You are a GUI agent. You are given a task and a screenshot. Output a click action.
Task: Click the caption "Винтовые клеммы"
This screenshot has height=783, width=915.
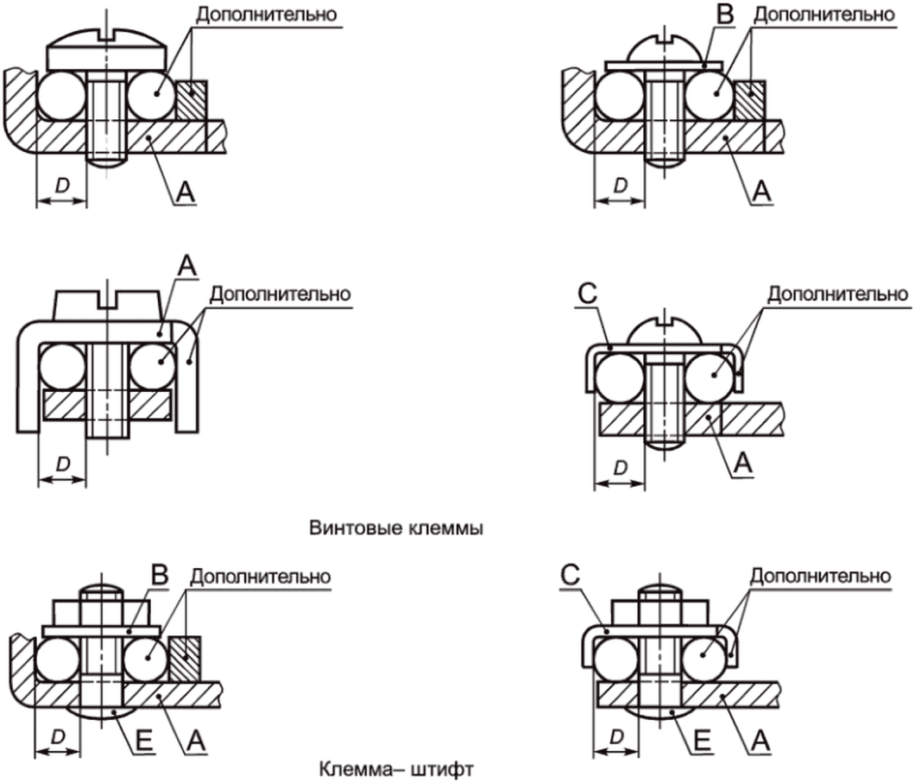[395, 528]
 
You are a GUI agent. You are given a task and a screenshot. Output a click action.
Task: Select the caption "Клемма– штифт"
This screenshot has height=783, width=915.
[396, 769]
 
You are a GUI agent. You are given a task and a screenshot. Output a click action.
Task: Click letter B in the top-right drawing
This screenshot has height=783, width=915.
[725, 14]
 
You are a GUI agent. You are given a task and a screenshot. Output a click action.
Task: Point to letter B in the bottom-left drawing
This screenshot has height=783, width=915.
[160, 575]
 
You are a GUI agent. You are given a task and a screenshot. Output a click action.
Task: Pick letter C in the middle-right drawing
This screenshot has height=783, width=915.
[588, 293]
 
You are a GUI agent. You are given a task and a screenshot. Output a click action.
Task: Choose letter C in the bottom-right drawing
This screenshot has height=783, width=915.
[570, 575]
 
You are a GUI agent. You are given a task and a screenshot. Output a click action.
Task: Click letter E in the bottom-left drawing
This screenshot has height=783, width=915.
[143, 741]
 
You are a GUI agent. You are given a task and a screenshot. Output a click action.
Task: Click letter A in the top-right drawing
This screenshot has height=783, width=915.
[761, 192]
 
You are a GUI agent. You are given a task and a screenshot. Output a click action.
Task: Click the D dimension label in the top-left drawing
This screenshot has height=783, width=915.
[62, 186]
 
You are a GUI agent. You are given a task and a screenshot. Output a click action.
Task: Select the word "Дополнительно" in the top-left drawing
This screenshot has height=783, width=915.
[266, 15]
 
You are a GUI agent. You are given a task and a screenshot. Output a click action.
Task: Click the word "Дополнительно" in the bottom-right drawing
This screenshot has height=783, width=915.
[820, 577]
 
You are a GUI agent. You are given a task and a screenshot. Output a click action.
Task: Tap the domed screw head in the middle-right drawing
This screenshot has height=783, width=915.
[663, 330]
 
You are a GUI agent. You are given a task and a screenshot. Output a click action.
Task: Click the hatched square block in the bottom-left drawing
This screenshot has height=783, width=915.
[185, 659]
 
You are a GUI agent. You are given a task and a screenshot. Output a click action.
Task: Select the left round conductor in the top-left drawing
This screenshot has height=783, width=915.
[61, 95]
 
